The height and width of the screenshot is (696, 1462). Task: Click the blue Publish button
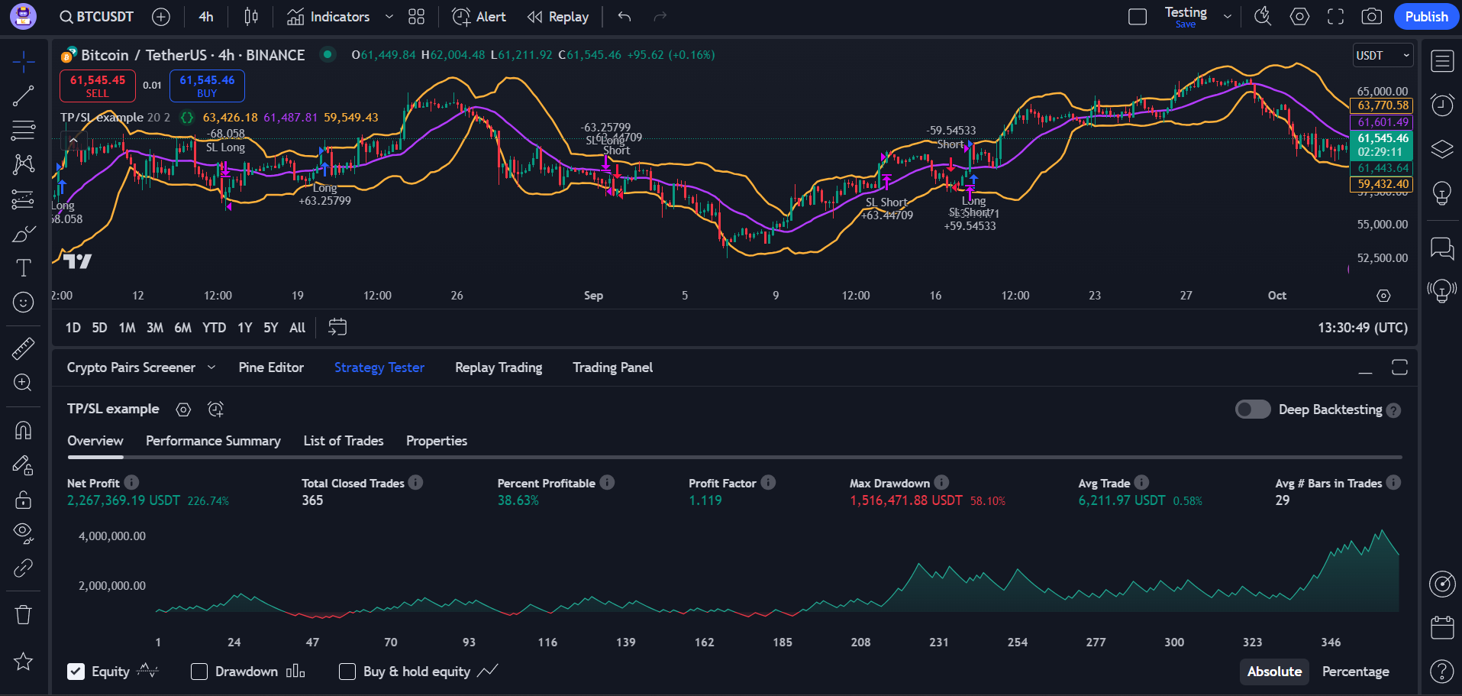pos(1425,17)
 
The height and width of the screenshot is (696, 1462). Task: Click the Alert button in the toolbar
pos(479,17)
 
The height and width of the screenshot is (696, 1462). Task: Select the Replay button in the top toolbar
pos(558,17)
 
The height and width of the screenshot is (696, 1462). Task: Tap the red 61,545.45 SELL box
pos(98,86)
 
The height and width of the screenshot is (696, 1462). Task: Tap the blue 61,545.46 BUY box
pos(207,86)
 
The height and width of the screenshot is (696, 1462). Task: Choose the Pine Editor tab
pos(271,367)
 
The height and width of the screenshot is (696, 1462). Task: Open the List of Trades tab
pos(344,441)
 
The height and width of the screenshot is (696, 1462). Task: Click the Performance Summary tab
pos(213,441)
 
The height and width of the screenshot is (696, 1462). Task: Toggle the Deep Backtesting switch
pos(1253,410)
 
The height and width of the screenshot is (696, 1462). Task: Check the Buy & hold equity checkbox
pos(347,672)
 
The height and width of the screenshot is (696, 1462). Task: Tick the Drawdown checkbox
pos(199,672)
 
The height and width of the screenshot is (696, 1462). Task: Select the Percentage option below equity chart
pos(1355,672)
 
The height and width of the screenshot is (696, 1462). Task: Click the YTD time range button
pos(214,328)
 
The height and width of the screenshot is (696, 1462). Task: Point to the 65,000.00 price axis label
pos(1382,91)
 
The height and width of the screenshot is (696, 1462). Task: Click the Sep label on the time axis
pos(593,296)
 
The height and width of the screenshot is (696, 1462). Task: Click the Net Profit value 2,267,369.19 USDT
pos(124,500)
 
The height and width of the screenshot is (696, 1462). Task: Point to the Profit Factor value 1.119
pos(705,500)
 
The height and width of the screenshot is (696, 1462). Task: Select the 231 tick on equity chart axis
pos(939,643)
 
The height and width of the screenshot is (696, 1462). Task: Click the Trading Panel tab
pos(612,367)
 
